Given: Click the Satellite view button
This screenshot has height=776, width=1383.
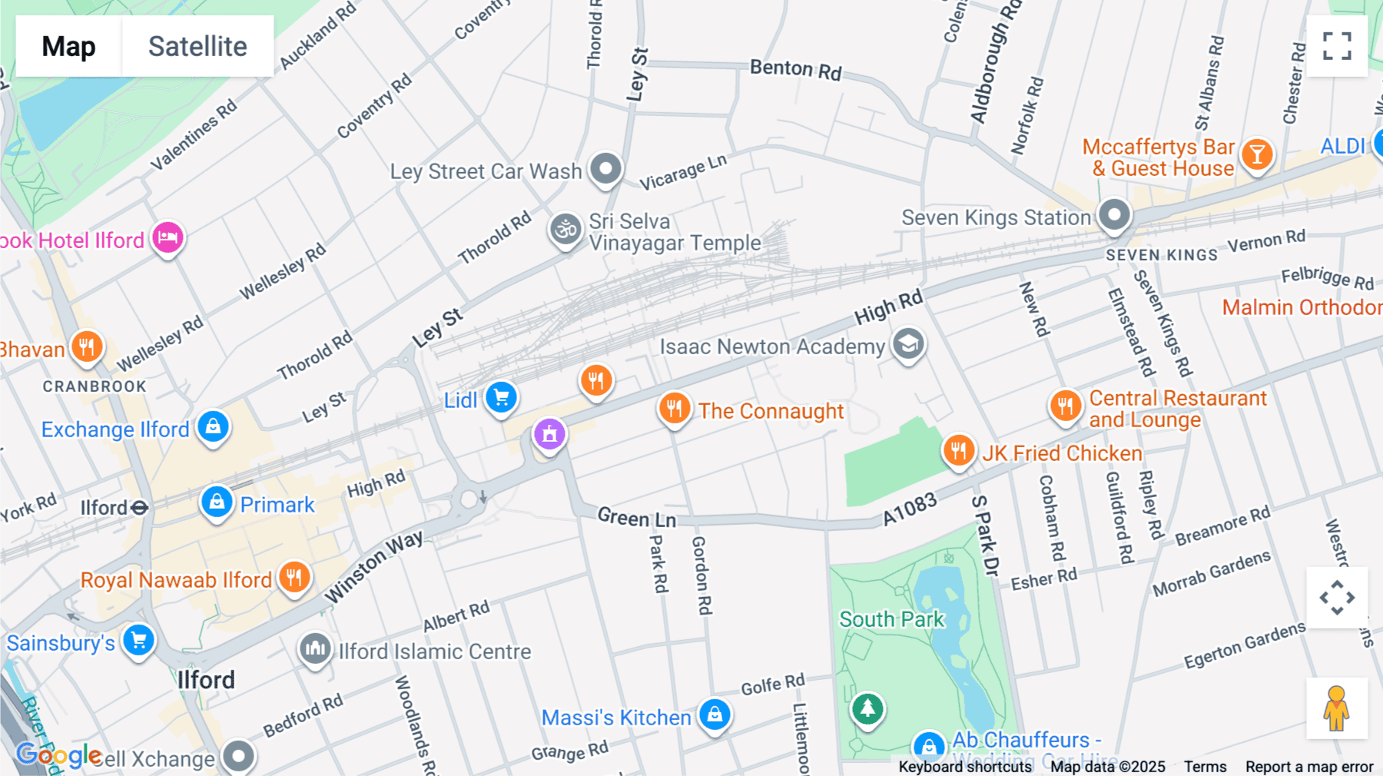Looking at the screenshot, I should point(197,46).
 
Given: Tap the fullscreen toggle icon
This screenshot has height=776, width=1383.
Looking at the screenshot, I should point(1337,46).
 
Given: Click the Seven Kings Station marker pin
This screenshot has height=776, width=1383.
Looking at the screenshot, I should point(1114,214).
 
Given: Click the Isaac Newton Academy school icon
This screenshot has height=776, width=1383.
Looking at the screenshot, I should point(908,344).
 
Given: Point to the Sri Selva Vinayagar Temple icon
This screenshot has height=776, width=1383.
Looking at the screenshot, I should point(566,229).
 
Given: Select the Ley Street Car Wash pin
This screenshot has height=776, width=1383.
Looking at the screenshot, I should point(605,168).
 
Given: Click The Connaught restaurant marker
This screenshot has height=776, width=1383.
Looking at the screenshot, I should point(674,409).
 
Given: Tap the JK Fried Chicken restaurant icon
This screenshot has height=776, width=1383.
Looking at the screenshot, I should point(958,450).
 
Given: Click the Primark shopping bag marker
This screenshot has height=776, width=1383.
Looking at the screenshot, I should point(217,502).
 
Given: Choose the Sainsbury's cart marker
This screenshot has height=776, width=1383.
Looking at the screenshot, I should point(139,640).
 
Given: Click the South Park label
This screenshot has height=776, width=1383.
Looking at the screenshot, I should point(891,619).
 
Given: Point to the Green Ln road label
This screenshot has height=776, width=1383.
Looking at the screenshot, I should point(636,519).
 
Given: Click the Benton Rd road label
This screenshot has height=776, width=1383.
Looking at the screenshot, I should point(795,70).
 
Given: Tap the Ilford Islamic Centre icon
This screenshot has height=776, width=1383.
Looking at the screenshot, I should point(315,649).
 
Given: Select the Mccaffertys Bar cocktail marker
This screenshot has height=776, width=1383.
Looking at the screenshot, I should point(1257,155).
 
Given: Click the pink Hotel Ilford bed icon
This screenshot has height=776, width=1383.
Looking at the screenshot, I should point(167,238).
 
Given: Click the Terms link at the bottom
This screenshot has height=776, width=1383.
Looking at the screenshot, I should point(1205,766).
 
